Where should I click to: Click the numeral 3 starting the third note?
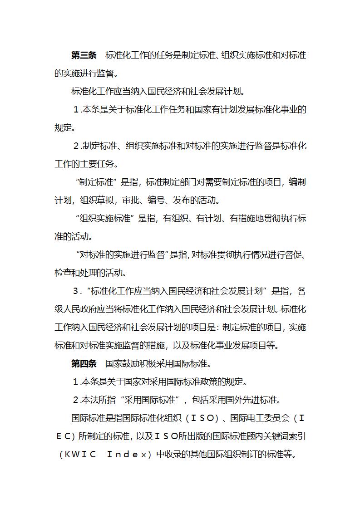(x=76, y=291)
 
